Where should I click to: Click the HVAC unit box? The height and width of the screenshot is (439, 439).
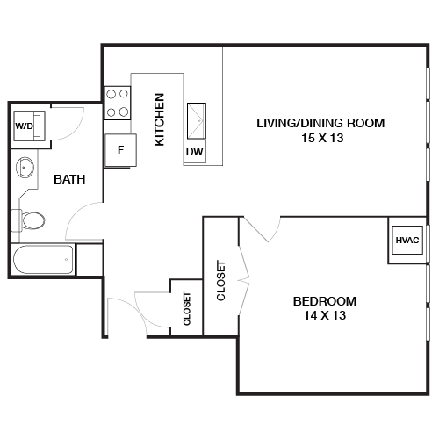[x=407, y=240]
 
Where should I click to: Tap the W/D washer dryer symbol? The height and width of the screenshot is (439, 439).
[x=24, y=125]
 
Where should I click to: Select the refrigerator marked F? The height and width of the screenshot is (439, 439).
[x=120, y=149]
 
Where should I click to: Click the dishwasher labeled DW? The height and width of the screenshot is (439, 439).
[x=195, y=152]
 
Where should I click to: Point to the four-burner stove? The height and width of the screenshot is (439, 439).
[x=118, y=103]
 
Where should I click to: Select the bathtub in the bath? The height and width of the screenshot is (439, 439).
[x=43, y=260]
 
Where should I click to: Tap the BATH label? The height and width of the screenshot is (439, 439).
[x=69, y=179]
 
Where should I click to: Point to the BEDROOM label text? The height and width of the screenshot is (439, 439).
[x=325, y=301]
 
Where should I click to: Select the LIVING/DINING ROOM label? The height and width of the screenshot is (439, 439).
[x=320, y=122]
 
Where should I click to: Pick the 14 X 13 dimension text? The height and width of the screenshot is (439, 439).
[x=325, y=316]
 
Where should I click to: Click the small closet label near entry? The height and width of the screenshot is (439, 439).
[x=187, y=309]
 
